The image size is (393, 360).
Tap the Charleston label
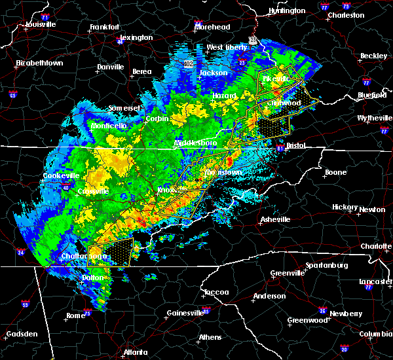click(x=346, y=14)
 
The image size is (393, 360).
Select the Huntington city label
click(x=287, y=11)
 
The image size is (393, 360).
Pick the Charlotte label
click(x=376, y=247)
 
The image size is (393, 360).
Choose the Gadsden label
click(x=21, y=334)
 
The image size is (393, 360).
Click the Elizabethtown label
click(x=40, y=63)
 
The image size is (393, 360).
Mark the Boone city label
click(x=335, y=173)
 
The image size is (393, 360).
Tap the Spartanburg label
click(x=325, y=266)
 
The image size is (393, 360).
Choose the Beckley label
click(x=373, y=56)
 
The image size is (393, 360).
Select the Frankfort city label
click(x=105, y=27)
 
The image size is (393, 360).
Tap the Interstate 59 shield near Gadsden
click(x=25, y=304)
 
